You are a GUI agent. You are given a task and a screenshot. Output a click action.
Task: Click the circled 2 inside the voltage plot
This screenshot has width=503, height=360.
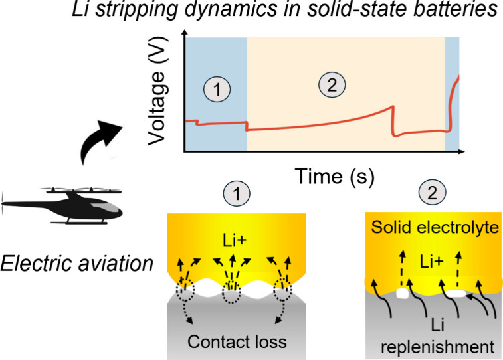click(328, 85)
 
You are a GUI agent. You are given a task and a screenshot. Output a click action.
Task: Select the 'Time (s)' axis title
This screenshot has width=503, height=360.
click(336, 175)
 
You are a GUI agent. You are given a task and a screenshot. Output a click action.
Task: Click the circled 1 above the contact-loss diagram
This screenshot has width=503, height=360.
click(238, 195)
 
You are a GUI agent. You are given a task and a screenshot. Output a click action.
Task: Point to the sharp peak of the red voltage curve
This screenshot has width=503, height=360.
click(393, 106)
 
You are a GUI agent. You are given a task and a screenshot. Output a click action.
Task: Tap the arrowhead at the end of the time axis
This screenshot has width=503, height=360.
click(462, 152)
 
